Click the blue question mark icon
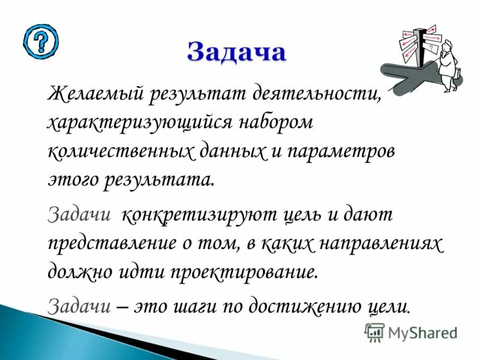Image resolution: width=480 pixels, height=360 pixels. (x=41, y=41)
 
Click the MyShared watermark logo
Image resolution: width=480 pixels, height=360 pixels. (x=411, y=332)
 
